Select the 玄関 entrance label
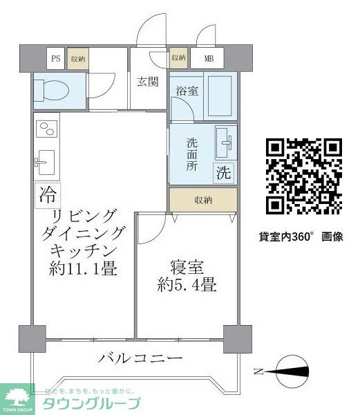147,82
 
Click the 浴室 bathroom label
187,91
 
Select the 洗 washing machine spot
224,172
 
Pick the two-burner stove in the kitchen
46,129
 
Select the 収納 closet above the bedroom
203,200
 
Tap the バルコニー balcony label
140,358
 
